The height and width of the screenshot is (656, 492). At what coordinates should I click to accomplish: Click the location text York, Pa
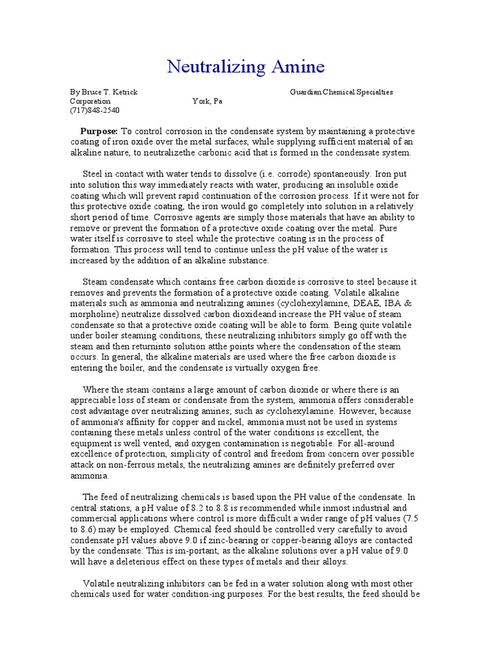207,101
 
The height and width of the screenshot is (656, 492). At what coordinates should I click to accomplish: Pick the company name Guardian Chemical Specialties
341,92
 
